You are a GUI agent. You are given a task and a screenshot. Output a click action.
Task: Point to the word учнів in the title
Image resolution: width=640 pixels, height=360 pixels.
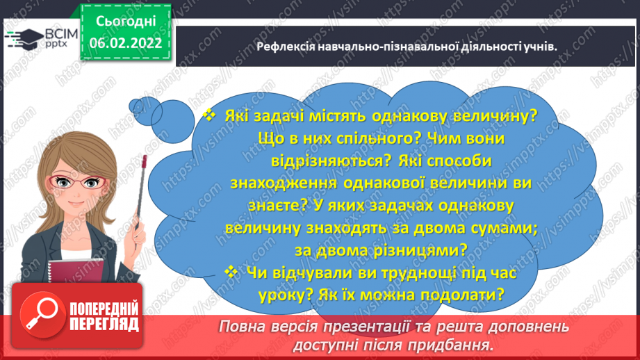(x=541, y=47)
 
